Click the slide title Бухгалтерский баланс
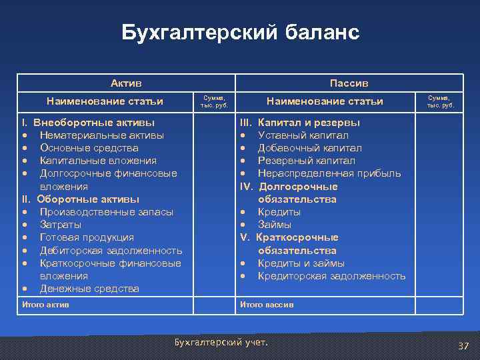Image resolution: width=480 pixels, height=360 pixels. [240, 33]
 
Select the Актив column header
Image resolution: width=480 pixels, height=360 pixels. [126, 83]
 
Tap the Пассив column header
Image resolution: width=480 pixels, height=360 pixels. [349, 83]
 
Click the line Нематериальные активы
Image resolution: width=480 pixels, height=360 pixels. [102, 135]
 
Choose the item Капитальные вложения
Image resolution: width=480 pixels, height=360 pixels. [98, 161]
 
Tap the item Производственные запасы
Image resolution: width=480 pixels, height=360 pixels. [106, 212]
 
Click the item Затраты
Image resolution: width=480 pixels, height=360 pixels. [61, 225]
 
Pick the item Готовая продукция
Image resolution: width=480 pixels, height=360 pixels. [87, 237]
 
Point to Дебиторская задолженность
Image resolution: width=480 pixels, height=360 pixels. [111, 251]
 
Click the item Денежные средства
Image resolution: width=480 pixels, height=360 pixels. [89, 289]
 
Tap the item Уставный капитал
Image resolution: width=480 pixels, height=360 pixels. [303, 135]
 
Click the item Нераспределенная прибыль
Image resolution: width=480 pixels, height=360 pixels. [329, 173]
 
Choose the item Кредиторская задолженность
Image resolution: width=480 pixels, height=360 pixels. [331, 276]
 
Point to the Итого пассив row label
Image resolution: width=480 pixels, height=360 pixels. [267, 305]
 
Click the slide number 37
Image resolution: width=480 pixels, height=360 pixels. [463, 345]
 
